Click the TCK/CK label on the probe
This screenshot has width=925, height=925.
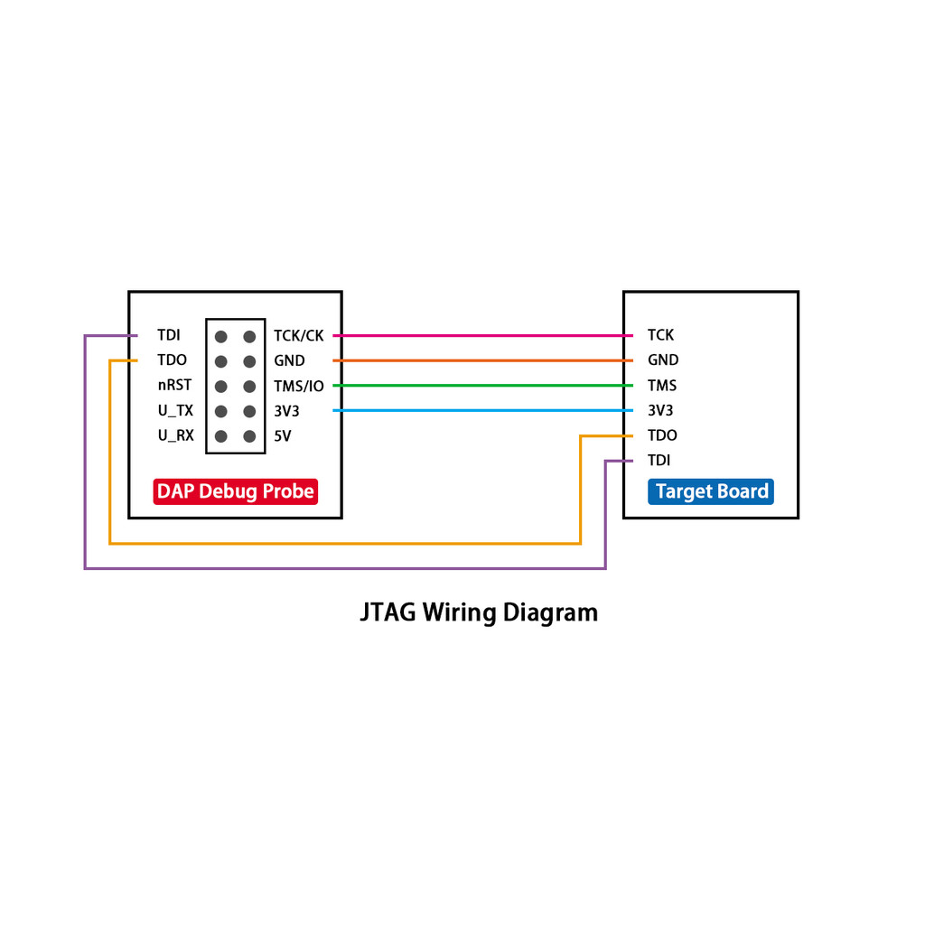coord(298,336)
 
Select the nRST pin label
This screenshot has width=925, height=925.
coord(174,386)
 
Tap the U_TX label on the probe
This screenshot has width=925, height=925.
coord(175,411)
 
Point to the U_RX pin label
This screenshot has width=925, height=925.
coord(175,436)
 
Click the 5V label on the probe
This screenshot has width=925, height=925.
coord(283,436)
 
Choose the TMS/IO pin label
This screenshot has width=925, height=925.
coord(298,387)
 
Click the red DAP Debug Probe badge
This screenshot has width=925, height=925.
coord(235,491)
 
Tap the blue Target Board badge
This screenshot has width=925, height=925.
coord(711,491)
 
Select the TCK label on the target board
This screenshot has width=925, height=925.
coord(660,335)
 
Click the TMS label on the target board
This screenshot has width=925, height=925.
coord(661,386)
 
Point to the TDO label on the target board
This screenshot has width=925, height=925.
coord(662,435)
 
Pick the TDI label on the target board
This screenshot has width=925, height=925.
coord(659,461)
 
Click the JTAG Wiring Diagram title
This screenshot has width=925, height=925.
coord(479,612)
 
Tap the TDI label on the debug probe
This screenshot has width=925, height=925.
coord(168,335)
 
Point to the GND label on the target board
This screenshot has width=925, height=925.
coord(663,360)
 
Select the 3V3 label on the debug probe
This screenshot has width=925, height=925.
coord(286,411)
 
